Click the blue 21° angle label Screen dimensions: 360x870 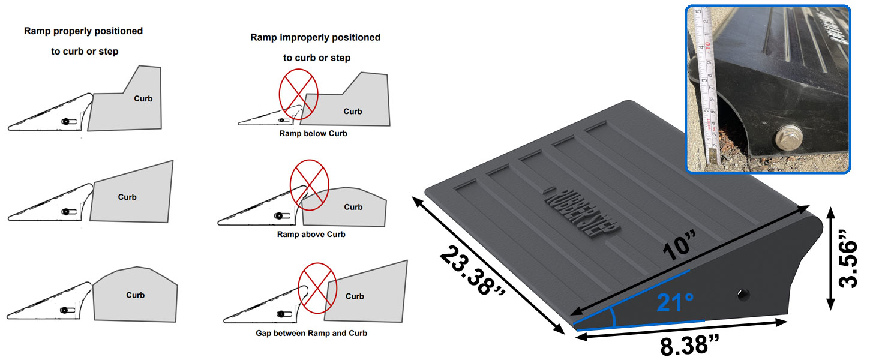(x=675, y=304)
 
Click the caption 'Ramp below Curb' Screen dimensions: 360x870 (x=313, y=134)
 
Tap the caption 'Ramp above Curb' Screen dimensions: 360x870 (x=311, y=234)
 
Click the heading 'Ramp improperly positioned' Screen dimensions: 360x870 (x=315, y=37)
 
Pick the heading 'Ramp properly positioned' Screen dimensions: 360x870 (x=83, y=31)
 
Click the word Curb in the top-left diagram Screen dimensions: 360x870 (x=143, y=99)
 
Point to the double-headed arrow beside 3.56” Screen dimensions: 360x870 (x=830, y=259)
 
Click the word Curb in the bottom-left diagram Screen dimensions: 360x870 (x=136, y=295)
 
